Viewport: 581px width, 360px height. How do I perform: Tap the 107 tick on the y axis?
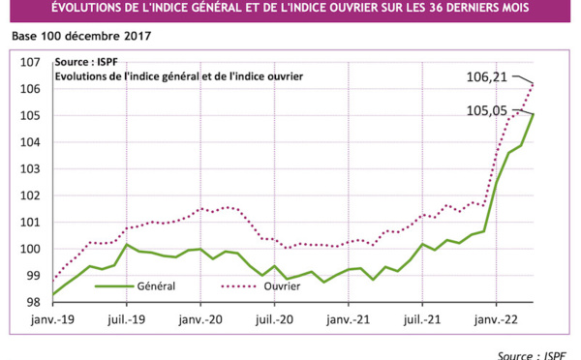click(x=30, y=63)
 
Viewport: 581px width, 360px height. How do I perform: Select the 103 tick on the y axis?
click(x=30, y=169)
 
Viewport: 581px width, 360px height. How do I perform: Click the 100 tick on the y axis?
click(x=30, y=249)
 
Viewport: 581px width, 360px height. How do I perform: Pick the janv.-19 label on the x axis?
click(x=52, y=317)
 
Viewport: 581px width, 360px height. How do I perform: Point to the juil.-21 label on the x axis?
click(x=422, y=317)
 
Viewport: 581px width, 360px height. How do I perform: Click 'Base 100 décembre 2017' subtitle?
click(x=82, y=37)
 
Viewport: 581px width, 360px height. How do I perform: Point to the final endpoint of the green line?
click(x=533, y=114)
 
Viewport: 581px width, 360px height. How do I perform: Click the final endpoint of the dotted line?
click(x=533, y=84)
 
